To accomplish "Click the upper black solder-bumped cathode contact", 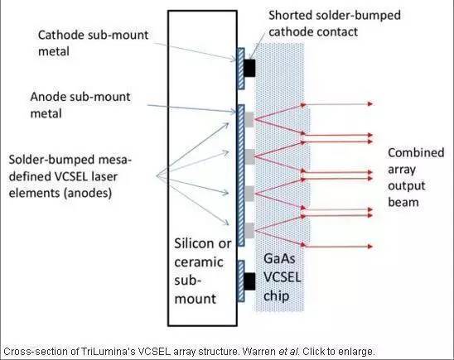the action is [249, 68].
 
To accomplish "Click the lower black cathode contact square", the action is [249, 281].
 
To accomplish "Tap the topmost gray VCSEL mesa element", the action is [249, 120].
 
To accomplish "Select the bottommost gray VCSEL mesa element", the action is [249, 230].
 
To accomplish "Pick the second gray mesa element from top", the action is [249, 156].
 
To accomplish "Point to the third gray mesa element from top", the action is [249, 194].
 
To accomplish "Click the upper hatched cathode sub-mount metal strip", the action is [241, 69].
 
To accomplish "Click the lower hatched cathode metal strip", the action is [241, 281].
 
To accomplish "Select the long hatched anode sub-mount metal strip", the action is [241, 175].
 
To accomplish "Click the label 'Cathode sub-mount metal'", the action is [93, 43].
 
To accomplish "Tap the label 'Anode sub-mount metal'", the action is [80, 105].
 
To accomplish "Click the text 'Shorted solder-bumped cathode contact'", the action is [335, 23].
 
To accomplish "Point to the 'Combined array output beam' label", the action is [416, 177].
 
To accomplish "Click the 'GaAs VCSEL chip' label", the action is [282, 277].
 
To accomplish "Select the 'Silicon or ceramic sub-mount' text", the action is [203, 271].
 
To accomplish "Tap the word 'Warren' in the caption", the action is [258, 352].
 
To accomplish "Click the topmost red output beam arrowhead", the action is [370, 103].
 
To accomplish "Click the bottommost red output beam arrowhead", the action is [370, 247].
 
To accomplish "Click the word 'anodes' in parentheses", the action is [89, 193].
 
